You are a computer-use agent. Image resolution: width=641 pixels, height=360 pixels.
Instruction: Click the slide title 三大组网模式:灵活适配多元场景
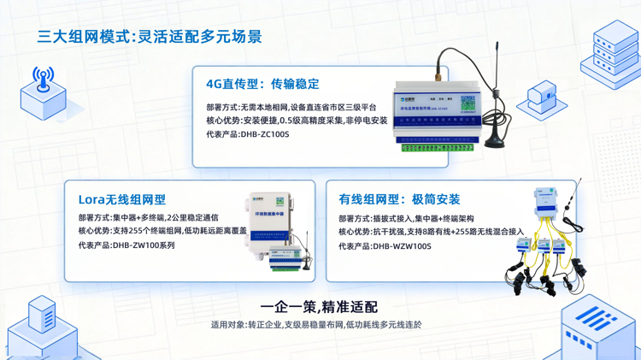click(150, 37)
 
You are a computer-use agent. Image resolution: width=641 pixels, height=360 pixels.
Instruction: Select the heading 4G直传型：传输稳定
click(262, 84)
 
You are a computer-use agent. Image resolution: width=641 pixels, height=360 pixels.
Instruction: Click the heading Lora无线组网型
click(121, 199)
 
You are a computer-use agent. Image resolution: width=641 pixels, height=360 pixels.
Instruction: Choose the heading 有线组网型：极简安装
click(399, 199)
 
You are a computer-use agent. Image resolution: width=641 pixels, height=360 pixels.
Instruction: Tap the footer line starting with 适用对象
click(316, 325)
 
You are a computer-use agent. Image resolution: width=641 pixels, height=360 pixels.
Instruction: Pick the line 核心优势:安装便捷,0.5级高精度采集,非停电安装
click(297, 121)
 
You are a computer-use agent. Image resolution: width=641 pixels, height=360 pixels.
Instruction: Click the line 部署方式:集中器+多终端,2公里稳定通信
click(149, 218)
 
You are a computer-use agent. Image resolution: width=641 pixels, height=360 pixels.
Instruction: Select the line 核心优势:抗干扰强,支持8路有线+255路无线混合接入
click(431, 232)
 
